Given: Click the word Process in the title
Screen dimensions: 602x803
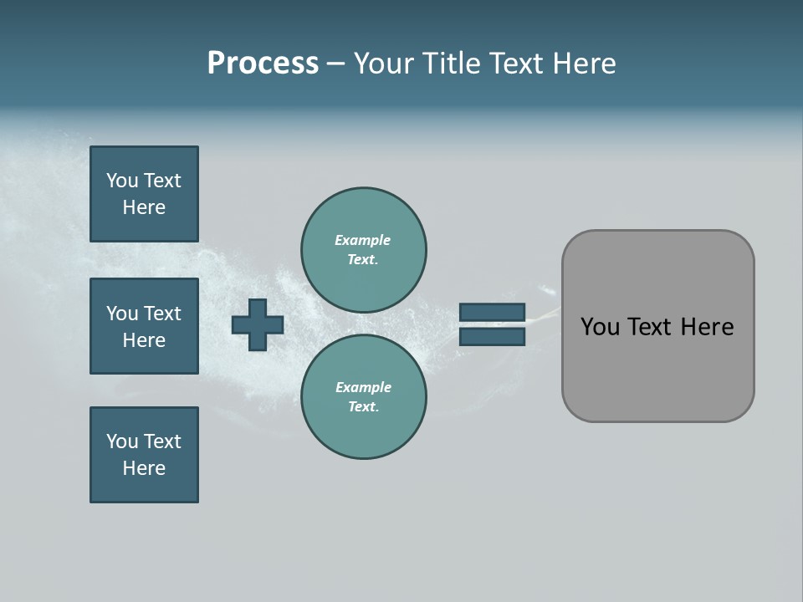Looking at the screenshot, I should (x=263, y=64).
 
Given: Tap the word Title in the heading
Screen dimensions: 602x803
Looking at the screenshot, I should (x=451, y=64).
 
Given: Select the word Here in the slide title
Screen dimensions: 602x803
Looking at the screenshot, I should (x=584, y=64).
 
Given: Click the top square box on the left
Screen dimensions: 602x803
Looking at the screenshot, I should (x=144, y=194).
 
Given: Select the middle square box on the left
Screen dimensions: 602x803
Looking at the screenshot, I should (x=144, y=326).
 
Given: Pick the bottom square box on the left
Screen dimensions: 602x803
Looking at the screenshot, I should (x=144, y=455).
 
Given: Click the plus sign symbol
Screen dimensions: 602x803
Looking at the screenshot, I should (x=258, y=324).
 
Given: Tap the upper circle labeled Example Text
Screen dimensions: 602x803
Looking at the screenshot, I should (x=364, y=250).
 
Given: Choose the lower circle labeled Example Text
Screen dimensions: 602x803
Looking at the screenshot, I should (x=364, y=397).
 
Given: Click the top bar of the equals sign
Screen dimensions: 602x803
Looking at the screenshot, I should (x=492, y=313).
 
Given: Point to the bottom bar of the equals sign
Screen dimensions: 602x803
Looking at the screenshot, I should (x=492, y=336).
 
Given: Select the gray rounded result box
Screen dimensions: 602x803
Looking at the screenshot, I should (x=657, y=368).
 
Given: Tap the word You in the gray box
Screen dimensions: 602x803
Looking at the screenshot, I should (x=600, y=327).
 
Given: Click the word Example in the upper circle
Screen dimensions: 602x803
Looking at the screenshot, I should (x=363, y=240).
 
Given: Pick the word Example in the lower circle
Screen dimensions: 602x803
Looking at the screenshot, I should (x=363, y=387).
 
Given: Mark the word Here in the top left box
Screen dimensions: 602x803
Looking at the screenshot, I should (x=144, y=207).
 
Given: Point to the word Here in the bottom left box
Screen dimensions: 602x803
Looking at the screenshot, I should (x=144, y=468).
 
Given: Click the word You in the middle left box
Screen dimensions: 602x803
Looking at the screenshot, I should (x=122, y=314).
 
